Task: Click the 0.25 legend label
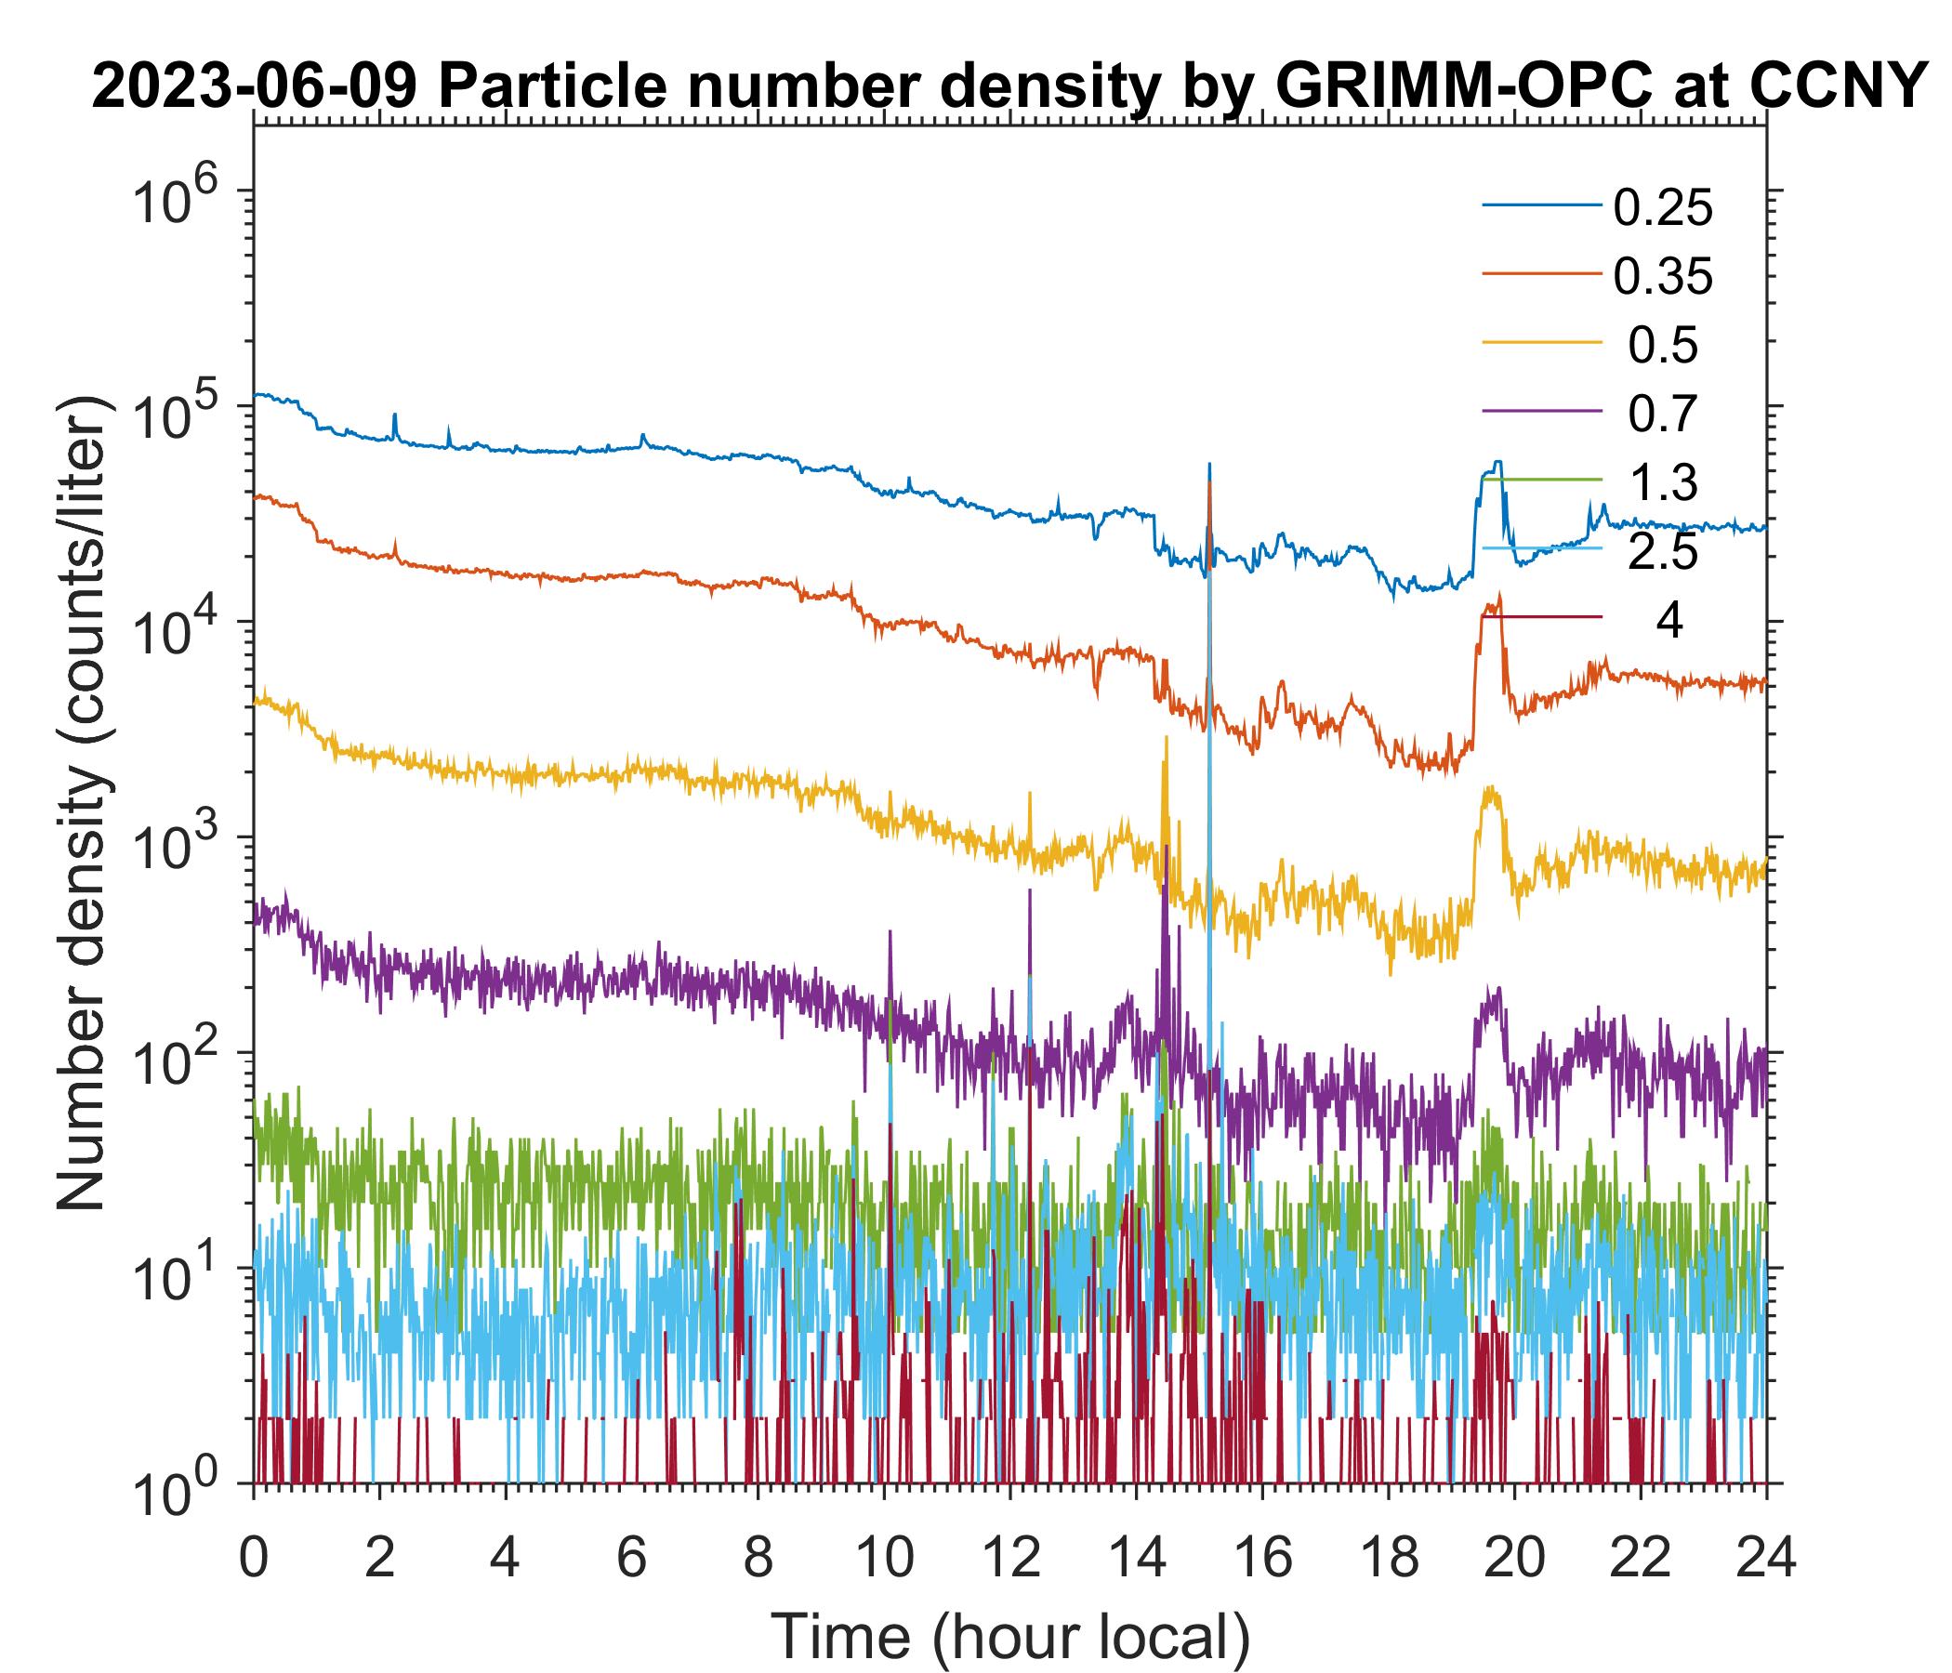pyautogui.click(x=1662, y=208)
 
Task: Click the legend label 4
pyautogui.click(x=1668, y=622)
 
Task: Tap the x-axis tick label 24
pyautogui.click(x=1765, y=1557)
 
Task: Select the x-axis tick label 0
pyautogui.click(x=253, y=1557)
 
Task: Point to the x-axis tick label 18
pyautogui.click(x=1388, y=1557)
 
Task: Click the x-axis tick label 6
pyautogui.click(x=631, y=1557)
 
